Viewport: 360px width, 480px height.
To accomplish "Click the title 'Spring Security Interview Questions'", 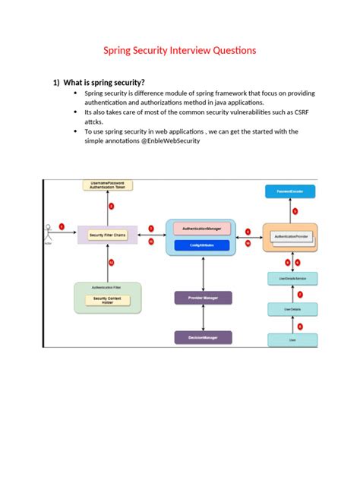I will (x=180, y=50).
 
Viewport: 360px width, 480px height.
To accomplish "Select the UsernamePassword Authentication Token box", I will (x=107, y=186).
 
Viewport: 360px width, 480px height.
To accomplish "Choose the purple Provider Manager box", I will (x=203, y=298).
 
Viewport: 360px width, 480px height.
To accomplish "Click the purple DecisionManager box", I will (x=203, y=336).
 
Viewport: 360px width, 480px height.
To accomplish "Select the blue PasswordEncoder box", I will (x=290, y=193).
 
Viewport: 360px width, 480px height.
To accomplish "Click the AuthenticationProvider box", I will (x=290, y=237).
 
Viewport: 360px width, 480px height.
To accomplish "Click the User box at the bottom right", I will (x=292, y=341).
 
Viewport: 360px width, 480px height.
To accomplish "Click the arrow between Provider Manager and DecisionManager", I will (x=203, y=317).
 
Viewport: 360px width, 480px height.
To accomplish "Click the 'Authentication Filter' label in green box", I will (x=107, y=289).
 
